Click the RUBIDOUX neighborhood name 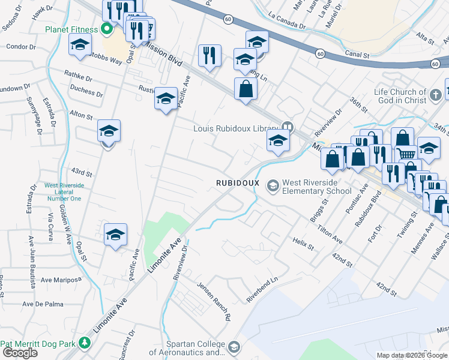click(238, 182)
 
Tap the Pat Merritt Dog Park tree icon click(85, 343)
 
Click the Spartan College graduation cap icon click(234, 347)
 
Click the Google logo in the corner click(20, 353)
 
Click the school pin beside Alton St click(109, 131)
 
